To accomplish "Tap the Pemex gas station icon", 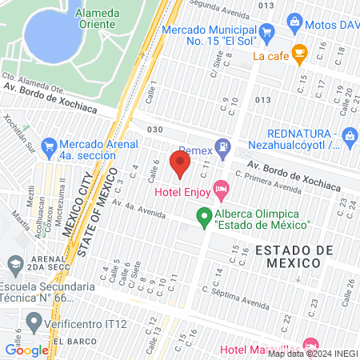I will [226, 150].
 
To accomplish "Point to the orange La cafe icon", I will [300, 56].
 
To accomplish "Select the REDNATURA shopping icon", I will [350, 136].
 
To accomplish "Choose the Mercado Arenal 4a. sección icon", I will [48, 146].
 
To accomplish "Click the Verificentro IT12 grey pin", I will [34, 322].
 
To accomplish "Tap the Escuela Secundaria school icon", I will [14, 263].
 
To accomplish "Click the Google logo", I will [26, 350].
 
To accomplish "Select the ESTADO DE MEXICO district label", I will [294, 258].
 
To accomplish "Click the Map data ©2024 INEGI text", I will [311, 354].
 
